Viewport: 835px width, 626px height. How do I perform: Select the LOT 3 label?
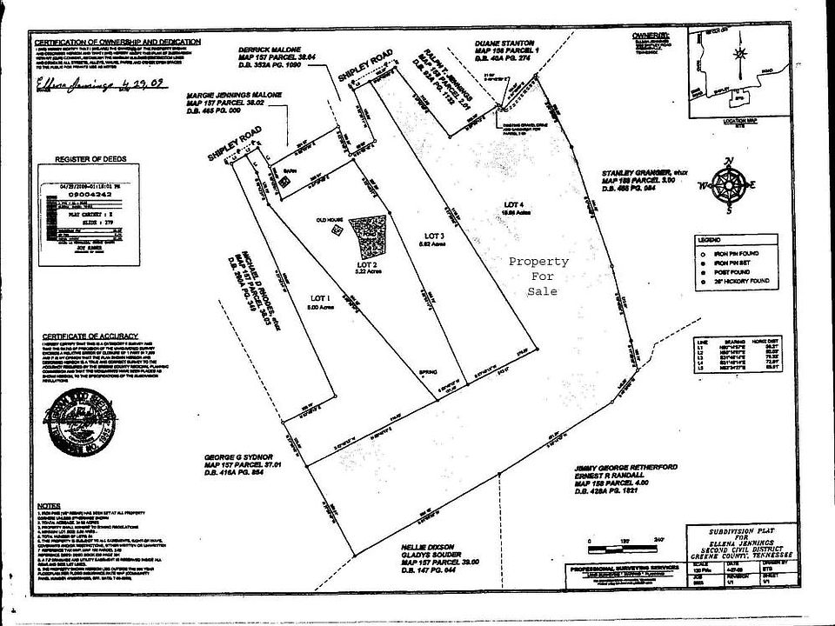[x=434, y=236]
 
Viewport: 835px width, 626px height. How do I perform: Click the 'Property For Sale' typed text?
[x=539, y=276]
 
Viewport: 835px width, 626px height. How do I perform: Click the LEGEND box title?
[x=708, y=238]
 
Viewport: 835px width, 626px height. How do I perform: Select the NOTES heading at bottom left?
[x=48, y=505]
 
